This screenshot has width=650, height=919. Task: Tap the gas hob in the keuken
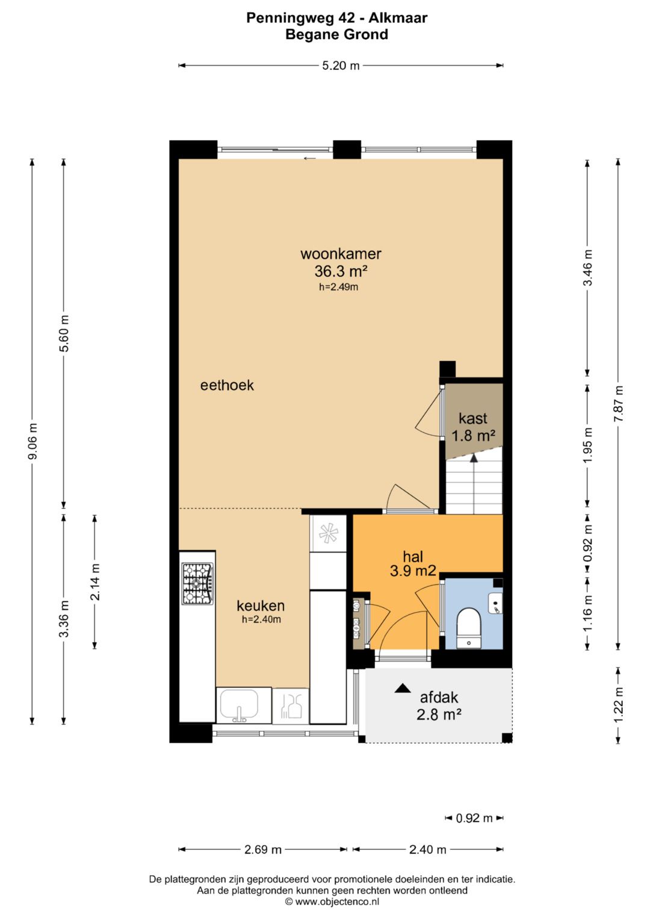(x=198, y=584)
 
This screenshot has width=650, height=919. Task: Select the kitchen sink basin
(x=240, y=705)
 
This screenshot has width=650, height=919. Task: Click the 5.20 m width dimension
(x=341, y=65)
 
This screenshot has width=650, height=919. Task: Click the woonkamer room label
(x=341, y=253)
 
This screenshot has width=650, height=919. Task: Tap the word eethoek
(x=227, y=385)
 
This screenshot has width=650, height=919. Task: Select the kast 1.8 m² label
(x=473, y=427)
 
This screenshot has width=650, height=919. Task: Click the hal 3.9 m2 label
(x=413, y=564)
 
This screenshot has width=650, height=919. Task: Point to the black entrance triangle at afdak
(x=403, y=688)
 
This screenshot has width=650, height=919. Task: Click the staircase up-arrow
(x=474, y=484)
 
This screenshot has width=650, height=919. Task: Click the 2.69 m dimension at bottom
(x=262, y=849)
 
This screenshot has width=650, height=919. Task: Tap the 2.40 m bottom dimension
(x=427, y=849)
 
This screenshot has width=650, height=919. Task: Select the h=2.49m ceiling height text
(x=338, y=287)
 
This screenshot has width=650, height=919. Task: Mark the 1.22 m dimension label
(x=619, y=705)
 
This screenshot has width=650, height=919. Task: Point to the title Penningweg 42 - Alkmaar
(x=337, y=18)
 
